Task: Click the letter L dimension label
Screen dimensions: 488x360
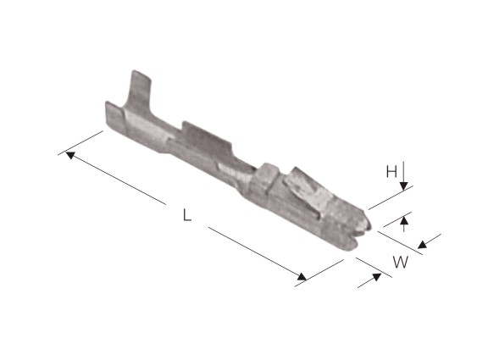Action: [187, 215]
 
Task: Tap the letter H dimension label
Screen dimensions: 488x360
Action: [391, 171]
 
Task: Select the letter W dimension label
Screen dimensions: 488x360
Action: [400, 262]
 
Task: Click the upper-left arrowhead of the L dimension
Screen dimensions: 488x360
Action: [70, 155]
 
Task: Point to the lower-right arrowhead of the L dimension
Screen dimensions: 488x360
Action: [302, 276]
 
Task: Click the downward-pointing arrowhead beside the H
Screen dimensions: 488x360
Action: [403, 186]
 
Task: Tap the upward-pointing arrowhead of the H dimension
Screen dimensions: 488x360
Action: [404, 220]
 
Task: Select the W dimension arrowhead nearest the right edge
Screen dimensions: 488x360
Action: [423, 244]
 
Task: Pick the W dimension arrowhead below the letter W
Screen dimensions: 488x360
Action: [376, 277]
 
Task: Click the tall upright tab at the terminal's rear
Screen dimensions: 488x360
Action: [139, 91]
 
